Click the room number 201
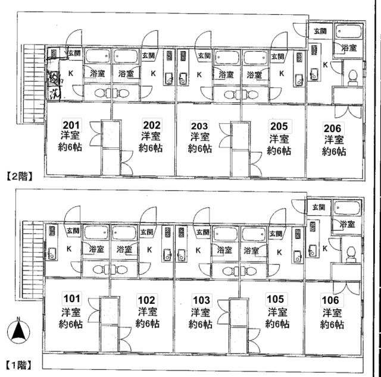[71, 124]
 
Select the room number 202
[151, 124]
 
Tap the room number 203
[199, 125]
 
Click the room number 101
[71, 299]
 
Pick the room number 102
[147, 300]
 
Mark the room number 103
[199, 300]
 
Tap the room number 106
[332, 299]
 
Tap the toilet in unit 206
[352, 77]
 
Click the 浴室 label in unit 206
[349, 48]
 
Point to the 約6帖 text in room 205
[279, 151]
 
